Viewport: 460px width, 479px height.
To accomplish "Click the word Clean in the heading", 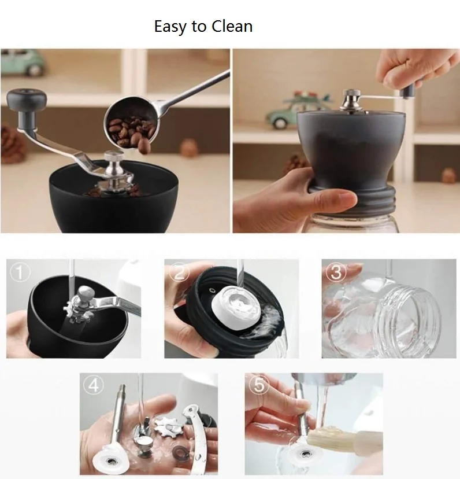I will (232, 26).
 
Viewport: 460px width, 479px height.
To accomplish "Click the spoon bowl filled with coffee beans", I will (129, 125).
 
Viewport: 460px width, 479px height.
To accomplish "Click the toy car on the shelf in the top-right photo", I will (292, 110).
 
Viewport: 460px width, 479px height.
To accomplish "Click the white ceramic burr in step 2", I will (236, 307).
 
